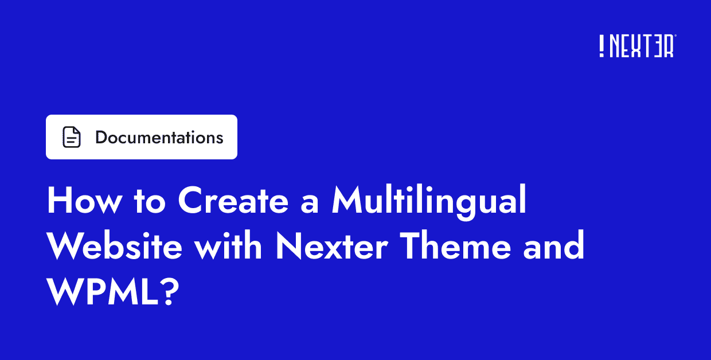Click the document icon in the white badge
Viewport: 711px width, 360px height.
click(x=72, y=138)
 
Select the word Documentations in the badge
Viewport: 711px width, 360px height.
click(x=159, y=138)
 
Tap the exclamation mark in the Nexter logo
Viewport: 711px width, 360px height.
click(x=601, y=46)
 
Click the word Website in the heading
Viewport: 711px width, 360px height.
click(x=115, y=247)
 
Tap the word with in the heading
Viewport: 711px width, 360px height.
click(x=228, y=247)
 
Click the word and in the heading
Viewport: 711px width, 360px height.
click(x=553, y=247)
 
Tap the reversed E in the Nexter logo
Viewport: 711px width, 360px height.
click(x=655, y=46)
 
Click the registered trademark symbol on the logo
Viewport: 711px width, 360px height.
click(x=675, y=36)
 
